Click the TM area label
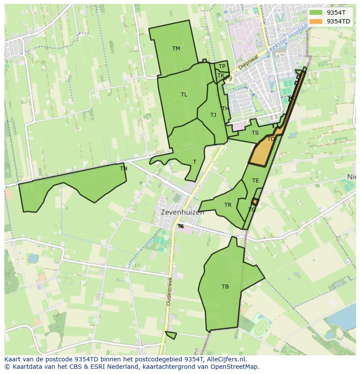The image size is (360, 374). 176,49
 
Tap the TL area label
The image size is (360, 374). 184,95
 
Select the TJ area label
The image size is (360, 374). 213,115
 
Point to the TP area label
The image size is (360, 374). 222,66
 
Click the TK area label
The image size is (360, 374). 221,76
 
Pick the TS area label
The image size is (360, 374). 255,133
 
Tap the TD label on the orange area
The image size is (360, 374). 271,139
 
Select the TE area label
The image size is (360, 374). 255,181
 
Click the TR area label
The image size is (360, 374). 228,205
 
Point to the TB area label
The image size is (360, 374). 225,287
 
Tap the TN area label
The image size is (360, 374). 123,169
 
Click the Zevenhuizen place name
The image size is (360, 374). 182,213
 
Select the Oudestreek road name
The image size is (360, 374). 169,291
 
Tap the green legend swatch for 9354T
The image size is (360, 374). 316,13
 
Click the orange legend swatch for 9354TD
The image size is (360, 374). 316,21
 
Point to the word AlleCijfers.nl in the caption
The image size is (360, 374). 225,359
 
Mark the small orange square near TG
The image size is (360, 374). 255,202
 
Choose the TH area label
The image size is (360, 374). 225,109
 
